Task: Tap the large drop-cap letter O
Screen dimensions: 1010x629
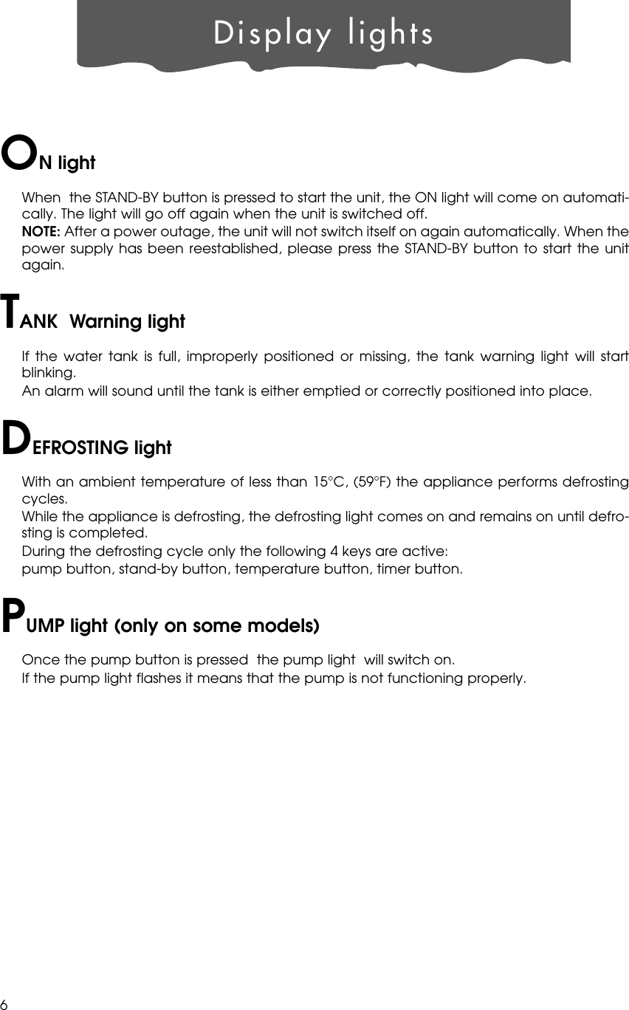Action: pos(19,151)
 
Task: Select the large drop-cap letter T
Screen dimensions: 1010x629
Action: pos(10,312)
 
